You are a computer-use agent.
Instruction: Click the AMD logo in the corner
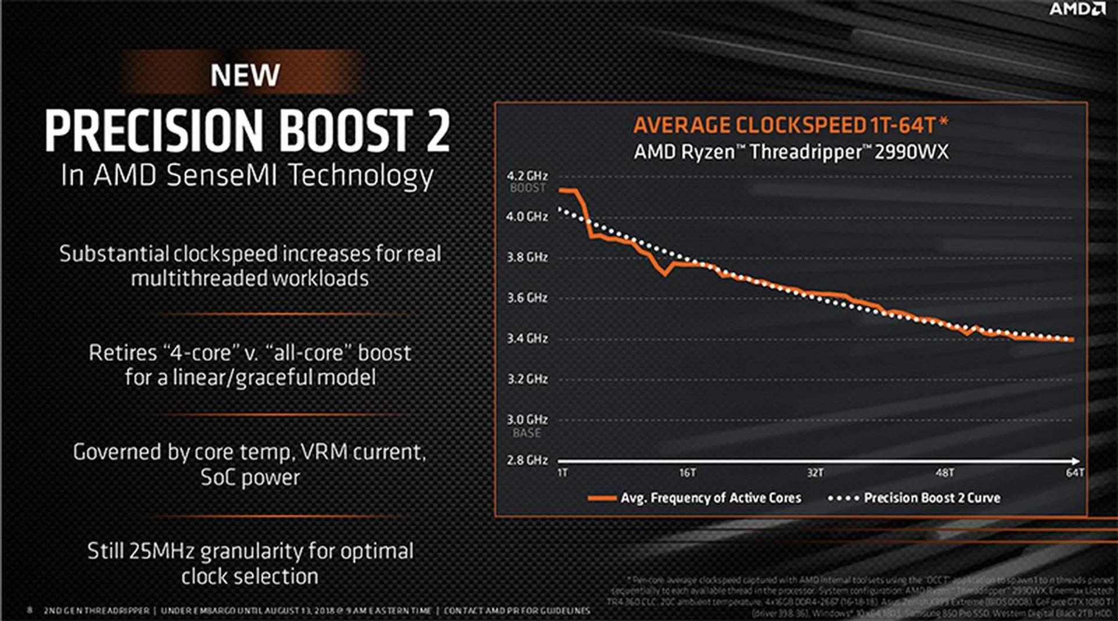coord(1077,9)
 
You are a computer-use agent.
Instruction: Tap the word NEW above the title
coord(245,75)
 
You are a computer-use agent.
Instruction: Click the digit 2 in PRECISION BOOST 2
coord(437,130)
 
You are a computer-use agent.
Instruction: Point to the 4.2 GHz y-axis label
coord(527,176)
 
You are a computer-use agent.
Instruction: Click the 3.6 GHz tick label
coord(527,298)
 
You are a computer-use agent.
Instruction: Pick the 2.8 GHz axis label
coord(527,460)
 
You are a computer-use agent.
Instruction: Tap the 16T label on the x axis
coord(687,473)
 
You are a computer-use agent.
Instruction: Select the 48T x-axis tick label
coord(944,473)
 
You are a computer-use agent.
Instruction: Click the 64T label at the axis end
coord(1075,473)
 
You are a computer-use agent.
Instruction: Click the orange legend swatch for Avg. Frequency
coord(602,498)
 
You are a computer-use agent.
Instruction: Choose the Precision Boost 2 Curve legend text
coord(932,498)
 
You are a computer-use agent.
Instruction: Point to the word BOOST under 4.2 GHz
coord(528,188)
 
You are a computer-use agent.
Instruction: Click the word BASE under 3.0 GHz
coord(527,433)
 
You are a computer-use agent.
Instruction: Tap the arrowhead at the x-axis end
coord(1077,461)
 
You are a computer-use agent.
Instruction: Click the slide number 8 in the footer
coord(30,610)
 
